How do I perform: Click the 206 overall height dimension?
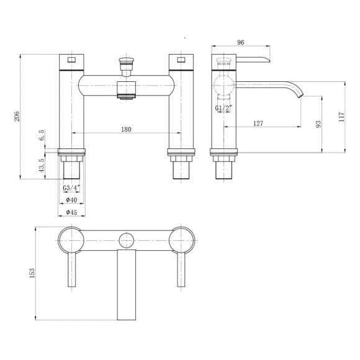coord(17,117)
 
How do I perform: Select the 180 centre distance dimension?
coord(126,129)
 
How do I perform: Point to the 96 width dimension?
coord(240,42)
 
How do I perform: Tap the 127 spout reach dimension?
coord(258,124)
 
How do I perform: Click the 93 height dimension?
coord(318,124)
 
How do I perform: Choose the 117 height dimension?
coord(341,117)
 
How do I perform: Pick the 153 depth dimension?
coord(32,273)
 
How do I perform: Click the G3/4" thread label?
coord(71,187)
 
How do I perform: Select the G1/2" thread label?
coord(223,107)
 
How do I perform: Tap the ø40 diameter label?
coord(71,200)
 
